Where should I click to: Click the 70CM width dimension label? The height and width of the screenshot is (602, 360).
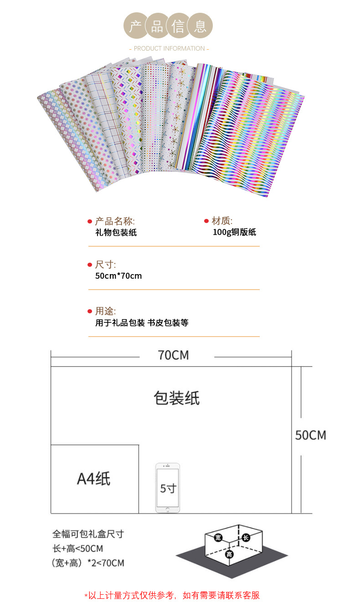174,355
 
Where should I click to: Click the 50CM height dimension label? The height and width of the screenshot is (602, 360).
311,435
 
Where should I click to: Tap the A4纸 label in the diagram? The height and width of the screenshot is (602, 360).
94,479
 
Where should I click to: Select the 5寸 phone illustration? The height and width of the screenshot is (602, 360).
168,488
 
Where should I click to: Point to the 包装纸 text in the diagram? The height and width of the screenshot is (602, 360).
177,398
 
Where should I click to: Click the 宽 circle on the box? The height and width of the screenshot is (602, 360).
218,538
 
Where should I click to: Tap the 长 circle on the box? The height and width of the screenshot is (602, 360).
246,538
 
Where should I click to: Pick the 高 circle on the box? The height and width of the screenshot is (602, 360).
229,554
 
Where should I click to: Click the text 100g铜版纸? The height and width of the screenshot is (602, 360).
234,232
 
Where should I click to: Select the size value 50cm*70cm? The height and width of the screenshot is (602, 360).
118,276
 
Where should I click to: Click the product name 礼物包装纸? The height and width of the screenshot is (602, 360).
116,233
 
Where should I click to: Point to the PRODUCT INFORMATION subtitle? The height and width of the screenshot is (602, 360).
169,49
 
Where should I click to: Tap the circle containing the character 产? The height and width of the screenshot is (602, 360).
136,26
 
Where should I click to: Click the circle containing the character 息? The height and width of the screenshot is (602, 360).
200,26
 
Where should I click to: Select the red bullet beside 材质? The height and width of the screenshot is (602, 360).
206,221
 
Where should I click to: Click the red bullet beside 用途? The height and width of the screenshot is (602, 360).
90,311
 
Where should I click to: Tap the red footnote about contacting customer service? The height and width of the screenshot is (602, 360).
172,595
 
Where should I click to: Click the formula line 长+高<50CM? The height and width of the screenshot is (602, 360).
77,549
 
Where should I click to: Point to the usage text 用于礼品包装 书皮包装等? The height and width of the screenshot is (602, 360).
142,322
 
